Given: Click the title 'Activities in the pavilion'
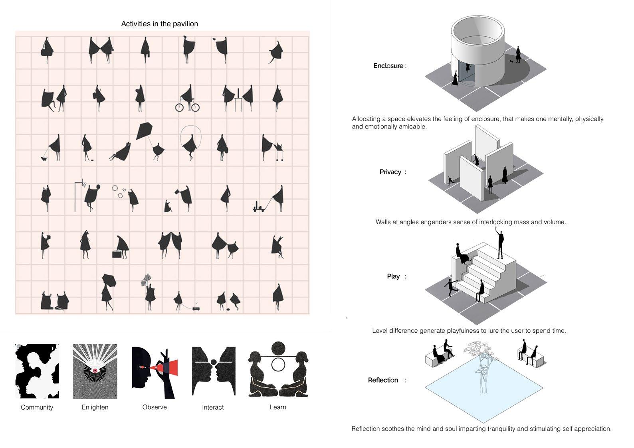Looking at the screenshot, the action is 160,24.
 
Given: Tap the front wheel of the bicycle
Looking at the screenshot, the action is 195,107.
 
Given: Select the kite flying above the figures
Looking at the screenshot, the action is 145,131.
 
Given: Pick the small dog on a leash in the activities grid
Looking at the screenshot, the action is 44,159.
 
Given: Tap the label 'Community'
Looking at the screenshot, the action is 37,407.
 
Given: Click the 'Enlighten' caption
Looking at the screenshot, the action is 95,407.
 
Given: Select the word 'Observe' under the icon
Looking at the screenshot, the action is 155,407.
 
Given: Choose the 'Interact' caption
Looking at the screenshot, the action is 213,407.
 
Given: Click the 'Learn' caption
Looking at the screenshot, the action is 278,407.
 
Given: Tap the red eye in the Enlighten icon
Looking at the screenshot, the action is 95,371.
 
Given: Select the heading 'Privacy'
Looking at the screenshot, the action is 390,172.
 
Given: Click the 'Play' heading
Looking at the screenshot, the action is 393,276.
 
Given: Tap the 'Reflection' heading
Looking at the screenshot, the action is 383,380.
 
